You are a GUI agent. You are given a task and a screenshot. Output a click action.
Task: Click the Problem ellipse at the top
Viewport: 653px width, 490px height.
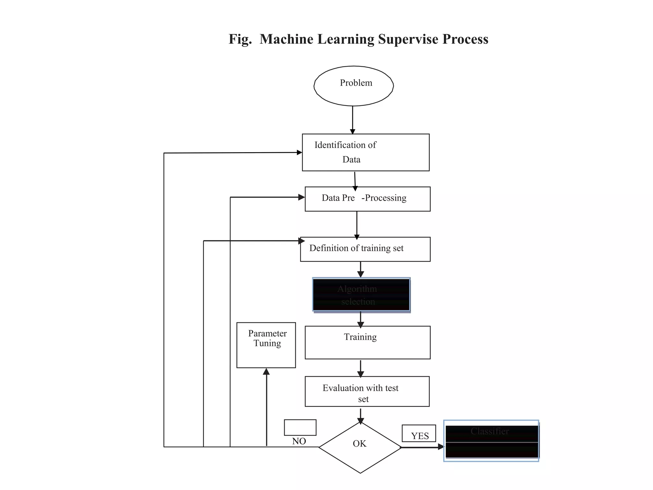(x=354, y=86)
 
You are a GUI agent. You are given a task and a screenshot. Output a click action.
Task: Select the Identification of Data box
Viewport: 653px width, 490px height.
(x=365, y=152)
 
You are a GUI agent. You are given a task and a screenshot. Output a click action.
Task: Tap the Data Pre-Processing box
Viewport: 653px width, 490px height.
(x=367, y=199)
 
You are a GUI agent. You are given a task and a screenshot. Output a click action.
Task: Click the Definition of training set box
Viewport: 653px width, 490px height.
(x=365, y=249)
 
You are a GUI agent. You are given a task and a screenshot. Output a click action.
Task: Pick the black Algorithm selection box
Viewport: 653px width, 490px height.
(x=361, y=294)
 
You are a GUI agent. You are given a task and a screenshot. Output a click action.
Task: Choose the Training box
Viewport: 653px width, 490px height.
(x=367, y=342)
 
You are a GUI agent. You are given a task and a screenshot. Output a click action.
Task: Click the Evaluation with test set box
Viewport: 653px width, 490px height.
(x=367, y=391)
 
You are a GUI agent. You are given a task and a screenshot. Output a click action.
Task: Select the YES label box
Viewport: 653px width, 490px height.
(x=419, y=433)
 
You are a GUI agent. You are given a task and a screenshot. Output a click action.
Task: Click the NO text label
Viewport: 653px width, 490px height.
(x=299, y=441)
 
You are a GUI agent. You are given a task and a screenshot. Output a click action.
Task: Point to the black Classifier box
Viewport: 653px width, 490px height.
(x=491, y=441)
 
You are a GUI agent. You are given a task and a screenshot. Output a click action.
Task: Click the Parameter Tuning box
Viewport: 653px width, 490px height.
(x=266, y=345)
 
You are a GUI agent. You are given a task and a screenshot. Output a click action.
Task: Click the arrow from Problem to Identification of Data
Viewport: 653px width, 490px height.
(x=352, y=120)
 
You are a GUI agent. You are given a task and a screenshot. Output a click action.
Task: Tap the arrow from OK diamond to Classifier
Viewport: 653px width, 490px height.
(x=422, y=447)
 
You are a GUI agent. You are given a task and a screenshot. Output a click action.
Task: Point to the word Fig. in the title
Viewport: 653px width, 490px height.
(x=240, y=39)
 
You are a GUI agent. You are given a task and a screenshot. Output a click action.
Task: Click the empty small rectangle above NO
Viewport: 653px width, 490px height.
(x=300, y=427)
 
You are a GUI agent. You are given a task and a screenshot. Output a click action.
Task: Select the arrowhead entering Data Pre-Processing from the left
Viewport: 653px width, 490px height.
(x=301, y=197)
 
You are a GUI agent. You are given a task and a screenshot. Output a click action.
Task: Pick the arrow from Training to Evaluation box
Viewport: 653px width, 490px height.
(x=361, y=368)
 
